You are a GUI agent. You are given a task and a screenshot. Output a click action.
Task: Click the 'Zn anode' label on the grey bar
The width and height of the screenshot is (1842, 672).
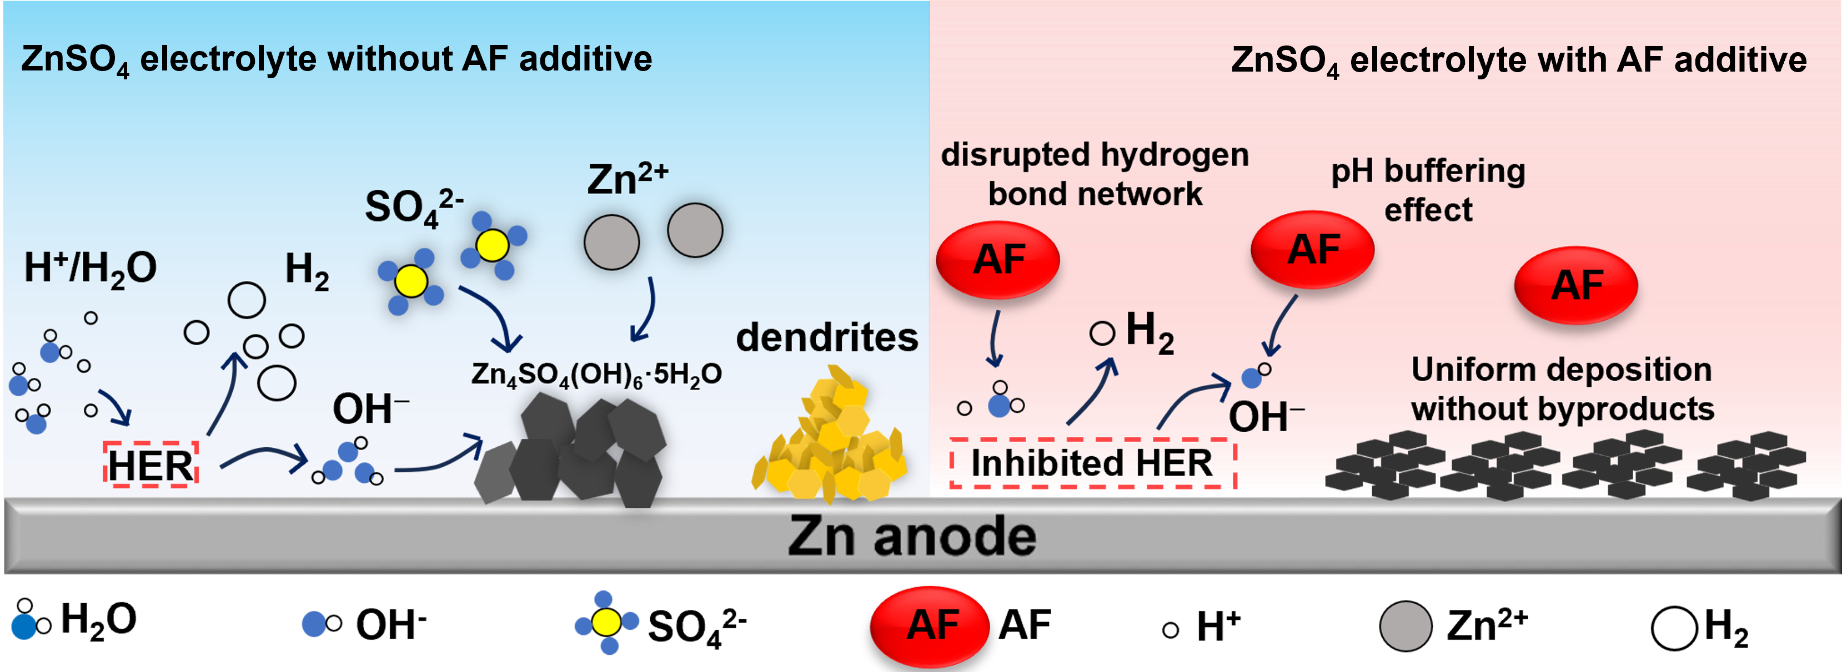click(912, 536)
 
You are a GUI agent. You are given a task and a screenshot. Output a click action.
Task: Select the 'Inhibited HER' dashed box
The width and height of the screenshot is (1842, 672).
click(1092, 463)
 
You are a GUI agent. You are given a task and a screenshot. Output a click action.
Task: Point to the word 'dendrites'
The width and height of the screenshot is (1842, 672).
click(827, 337)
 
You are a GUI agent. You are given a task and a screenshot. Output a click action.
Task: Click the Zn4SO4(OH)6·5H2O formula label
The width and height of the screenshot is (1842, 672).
click(596, 375)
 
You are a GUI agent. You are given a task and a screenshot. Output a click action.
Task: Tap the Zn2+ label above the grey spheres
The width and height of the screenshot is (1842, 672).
click(627, 179)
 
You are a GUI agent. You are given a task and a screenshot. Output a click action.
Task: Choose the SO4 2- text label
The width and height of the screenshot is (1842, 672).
click(413, 208)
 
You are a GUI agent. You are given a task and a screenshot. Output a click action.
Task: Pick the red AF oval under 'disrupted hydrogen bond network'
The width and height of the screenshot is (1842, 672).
click(998, 259)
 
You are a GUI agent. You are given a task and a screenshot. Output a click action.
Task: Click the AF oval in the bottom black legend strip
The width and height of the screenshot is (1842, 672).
click(930, 625)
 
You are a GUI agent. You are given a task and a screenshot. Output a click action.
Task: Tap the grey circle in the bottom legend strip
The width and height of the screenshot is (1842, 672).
click(1405, 626)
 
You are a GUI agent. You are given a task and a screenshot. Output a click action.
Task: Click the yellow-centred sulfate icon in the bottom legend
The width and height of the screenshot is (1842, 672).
click(606, 623)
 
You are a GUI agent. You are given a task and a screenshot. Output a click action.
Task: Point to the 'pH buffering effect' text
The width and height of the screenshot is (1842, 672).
click(1428, 190)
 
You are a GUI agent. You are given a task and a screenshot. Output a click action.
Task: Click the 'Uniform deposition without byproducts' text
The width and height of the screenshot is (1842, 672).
click(1563, 390)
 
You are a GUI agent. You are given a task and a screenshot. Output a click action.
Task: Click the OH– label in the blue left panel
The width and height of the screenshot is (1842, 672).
click(370, 409)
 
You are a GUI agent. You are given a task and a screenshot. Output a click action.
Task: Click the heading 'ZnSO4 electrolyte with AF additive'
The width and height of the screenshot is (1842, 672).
click(1519, 60)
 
